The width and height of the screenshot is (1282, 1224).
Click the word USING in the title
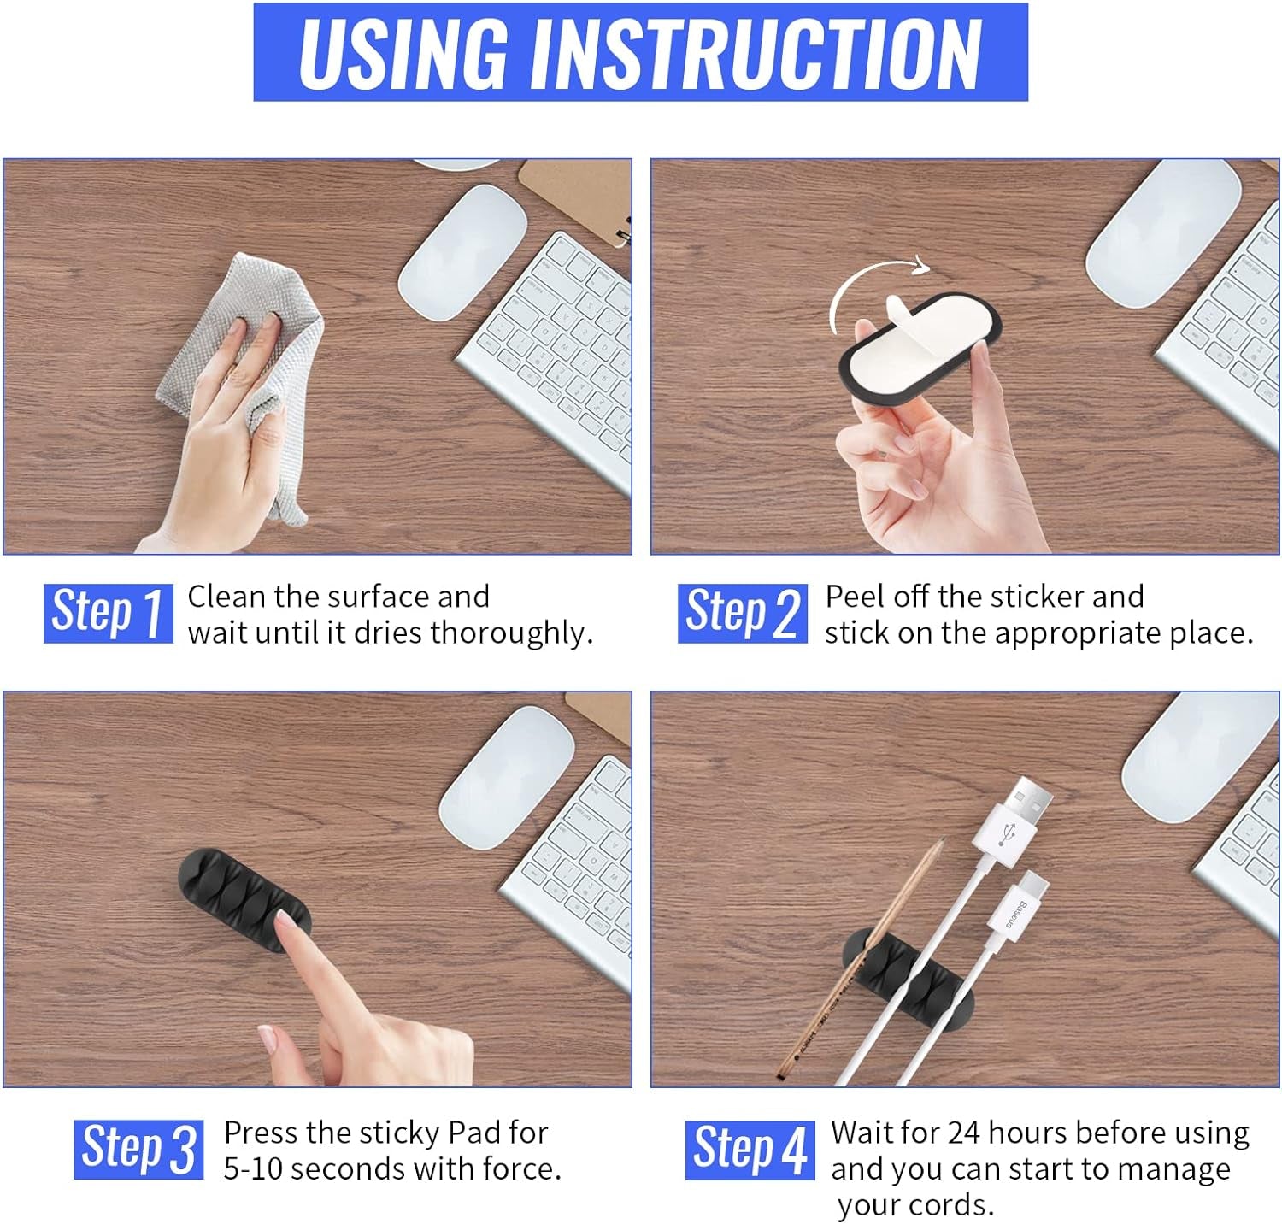[403, 52]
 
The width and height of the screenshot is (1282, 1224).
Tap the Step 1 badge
[109, 613]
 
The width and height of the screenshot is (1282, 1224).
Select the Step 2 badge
[743, 613]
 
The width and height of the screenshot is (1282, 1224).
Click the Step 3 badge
[138, 1149]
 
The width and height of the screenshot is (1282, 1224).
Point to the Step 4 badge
[750, 1149]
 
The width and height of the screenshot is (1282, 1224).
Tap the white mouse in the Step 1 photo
[462, 253]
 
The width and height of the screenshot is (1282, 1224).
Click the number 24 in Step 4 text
[963, 1133]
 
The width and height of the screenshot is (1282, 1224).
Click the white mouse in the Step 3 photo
[506, 778]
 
